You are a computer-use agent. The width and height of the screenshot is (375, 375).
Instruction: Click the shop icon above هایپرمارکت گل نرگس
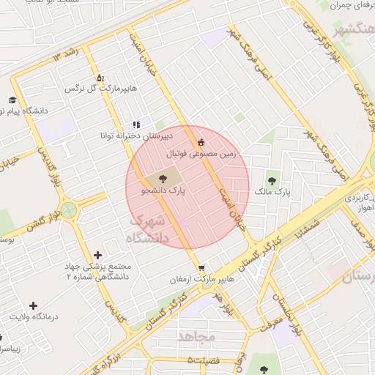[x=100, y=78]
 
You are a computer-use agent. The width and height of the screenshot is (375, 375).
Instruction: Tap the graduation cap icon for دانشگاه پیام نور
[x=12, y=100]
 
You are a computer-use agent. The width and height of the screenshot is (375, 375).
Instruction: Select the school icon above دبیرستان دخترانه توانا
[x=136, y=125]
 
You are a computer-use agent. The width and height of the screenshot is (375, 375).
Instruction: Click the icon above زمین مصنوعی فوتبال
[x=201, y=142]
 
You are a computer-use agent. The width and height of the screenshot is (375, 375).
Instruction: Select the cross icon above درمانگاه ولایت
[x=33, y=305]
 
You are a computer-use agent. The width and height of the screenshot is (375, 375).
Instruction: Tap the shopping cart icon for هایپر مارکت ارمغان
[x=201, y=267]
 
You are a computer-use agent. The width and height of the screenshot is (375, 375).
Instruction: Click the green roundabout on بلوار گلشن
[x=70, y=212]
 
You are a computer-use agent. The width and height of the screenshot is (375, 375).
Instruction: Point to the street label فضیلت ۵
[x=203, y=360]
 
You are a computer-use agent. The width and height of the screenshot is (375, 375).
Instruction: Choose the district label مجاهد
[x=196, y=336]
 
